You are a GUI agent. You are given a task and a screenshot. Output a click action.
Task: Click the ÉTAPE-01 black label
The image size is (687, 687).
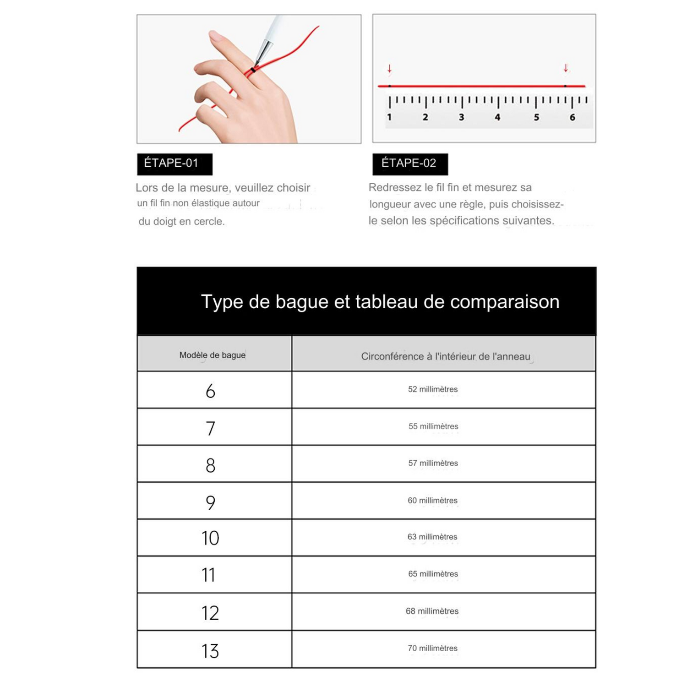174,164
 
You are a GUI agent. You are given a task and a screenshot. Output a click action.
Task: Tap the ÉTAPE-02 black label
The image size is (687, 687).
410,164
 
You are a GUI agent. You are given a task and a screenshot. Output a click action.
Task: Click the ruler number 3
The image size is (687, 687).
462,117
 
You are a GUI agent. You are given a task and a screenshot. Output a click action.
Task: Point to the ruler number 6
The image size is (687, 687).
572,117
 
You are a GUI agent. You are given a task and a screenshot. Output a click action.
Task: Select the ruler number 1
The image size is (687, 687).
389,117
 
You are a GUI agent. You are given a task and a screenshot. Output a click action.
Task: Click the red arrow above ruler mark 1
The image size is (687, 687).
389,69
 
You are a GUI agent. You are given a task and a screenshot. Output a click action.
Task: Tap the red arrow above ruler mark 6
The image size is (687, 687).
566,68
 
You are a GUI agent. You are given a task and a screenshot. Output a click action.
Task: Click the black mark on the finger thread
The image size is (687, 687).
253,70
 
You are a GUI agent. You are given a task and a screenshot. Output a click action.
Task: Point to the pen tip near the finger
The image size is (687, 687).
257,63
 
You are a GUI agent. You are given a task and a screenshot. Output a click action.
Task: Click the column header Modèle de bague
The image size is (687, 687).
213,355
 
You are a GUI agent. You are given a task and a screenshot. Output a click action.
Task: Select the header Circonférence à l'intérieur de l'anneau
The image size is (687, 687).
445,356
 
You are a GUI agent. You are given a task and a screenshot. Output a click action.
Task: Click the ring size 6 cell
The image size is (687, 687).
211,391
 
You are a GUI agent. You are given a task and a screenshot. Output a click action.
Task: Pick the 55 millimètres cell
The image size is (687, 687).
433,426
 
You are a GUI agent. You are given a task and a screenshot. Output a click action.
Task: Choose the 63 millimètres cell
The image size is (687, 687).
432,537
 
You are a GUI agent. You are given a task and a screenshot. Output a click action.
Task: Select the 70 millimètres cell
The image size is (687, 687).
433,648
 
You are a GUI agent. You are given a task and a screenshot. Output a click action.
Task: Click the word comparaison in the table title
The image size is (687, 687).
504,302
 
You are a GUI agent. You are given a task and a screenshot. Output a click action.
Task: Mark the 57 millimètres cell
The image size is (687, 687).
433,463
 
